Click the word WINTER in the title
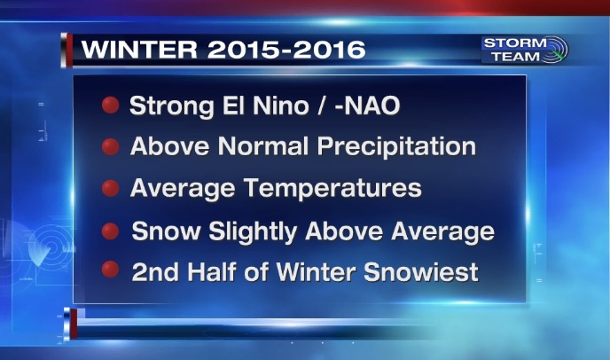click(x=139, y=50)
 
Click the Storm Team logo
click(x=524, y=50)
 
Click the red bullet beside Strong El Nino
click(x=111, y=106)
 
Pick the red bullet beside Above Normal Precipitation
click(x=111, y=147)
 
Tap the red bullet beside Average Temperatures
click(x=111, y=188)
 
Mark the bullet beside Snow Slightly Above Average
click(x=111, y=231)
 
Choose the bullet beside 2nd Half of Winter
click(x=111, y=270)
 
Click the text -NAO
click(x=367, y=106)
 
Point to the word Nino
click(x=280, y=106)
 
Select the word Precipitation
click(x=396, y=146)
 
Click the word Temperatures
click(x=332, y=188)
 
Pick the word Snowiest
click(x=420, y=271)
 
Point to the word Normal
click(x=262, y=146)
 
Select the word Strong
click(x=171, y=106)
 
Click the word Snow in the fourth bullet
click(x=166, y=231)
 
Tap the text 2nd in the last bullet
click(x=156, y=271)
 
